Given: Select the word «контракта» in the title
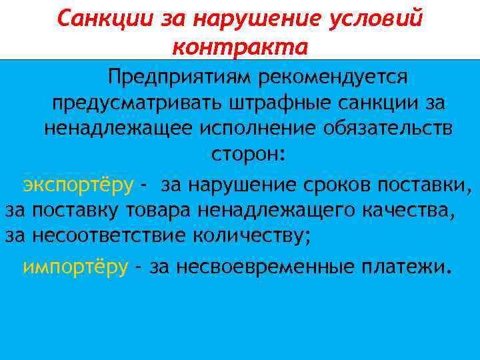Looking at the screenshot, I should coord(240,47).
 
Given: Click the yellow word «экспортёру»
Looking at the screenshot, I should coord(78,184).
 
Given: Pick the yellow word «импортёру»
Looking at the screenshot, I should coord(75,267).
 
